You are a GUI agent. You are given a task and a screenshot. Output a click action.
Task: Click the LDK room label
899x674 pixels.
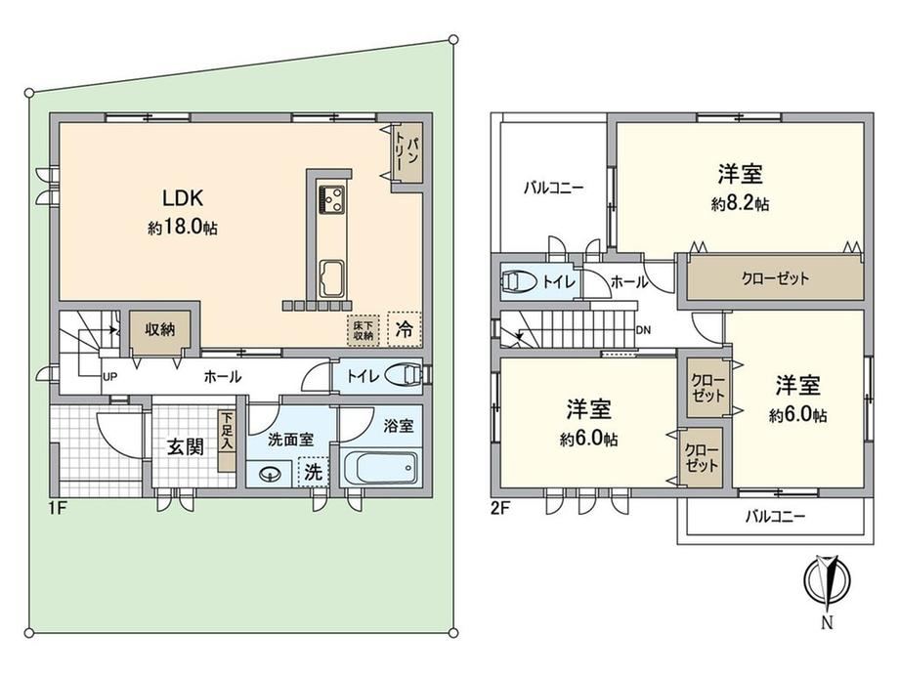pyautogui.click(x=183, y=198)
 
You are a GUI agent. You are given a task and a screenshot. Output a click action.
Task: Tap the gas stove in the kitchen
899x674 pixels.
pyautogui.click(x=331, y=199)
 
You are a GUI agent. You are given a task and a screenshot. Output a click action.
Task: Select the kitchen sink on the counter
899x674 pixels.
pyautogui.click(x=331, y=278)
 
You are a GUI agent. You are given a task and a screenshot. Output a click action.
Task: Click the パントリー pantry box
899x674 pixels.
pyautogui.click(x=407, y=153)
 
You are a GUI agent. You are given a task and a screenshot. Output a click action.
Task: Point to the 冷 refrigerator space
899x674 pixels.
pyautogui.click(x=405, y=329)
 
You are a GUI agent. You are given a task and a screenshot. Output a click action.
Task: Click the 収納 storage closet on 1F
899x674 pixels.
pyautogui.click(x=159, y=330)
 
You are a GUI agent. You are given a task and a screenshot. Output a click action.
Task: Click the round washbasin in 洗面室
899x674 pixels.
pyautogui.click(x=269, y=475)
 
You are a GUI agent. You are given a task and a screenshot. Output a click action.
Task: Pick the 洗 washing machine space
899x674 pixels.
pyautogui.click(x=313, y=472)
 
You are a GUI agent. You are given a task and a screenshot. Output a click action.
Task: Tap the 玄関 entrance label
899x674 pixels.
pyautogui.click(x=186, y=446)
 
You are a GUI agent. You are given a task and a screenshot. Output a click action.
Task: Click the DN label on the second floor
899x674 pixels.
pyautogui.click(x=643, y=330)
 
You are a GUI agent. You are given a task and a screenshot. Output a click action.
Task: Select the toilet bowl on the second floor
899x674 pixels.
pyautogui.click(x=518, y=281)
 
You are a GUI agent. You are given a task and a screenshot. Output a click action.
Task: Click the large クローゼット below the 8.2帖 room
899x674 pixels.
pyautogui.click(x=775, y=279)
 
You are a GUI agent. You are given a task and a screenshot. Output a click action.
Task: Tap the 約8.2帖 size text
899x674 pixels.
pyautogui.click(x=740, y=203)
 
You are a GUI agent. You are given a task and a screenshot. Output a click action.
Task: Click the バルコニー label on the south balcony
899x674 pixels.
pyautogui.click(x=775, y=517)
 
